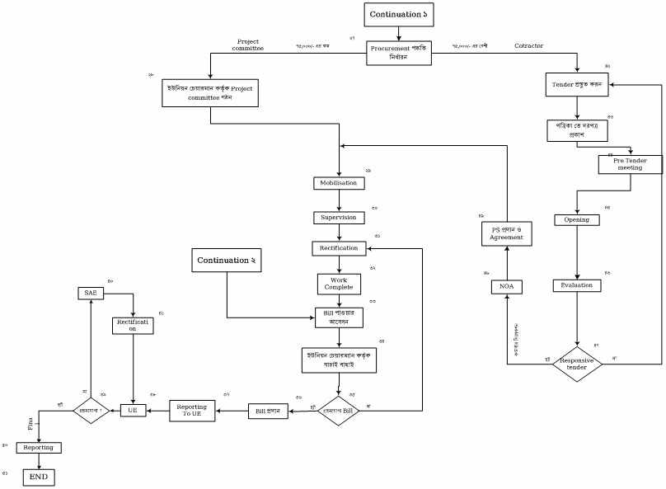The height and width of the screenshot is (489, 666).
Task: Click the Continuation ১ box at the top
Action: pyautogui.click(x=399, y=15)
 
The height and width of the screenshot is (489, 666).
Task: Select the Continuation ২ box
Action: pyautogui.click(x=226, y=261)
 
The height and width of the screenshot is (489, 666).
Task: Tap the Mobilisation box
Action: pyautogui.click(x=339, y=183)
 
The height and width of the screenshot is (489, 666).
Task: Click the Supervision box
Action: pyautogui.click(x=338, y=218)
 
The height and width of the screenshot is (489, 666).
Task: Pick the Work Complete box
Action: pyautogui.click(x=338, y=284)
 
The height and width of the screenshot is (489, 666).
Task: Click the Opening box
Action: pyautogui.click(x=576, y=220)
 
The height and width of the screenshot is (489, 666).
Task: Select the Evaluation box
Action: pyautogui.click(x=576, y=285)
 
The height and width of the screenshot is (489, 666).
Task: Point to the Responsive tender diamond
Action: pyautogui.click(x=577, y=364)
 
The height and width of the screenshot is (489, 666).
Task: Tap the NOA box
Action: pyautogui.click(x=506, y=287)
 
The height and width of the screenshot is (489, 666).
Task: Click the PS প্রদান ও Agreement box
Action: pyautogui.click(x=506, y=233)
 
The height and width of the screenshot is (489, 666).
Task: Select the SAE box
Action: pyautogui.click(x=90, y=293)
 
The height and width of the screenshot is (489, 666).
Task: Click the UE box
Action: pyautogui.click(x=134, y=410)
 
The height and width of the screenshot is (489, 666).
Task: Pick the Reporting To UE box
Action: pyautogui.click(x=193, y=410)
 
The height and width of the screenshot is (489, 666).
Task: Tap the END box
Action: pyautogui.click(x=39, y=477)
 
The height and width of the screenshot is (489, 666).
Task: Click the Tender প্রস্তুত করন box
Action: pyautogui.click(x=577, y=85)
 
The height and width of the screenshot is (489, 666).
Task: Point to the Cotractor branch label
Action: pyautogui.click(x=528, y=45)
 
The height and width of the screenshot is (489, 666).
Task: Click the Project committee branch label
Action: pyautogui.click(x=248, y=45)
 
